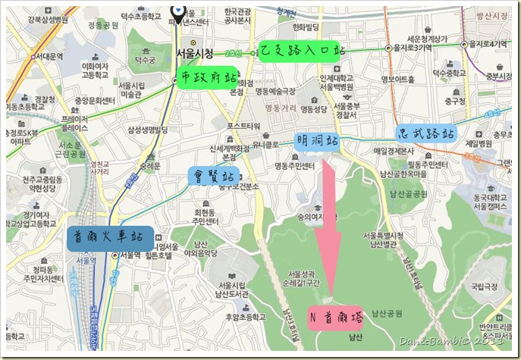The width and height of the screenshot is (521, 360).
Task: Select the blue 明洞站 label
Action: (x=317, y=140)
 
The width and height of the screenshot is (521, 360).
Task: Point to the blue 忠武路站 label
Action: (x=427, y=133)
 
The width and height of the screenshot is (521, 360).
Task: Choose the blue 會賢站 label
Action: (x=212, y=177)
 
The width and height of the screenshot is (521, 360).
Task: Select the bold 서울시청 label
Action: (x=195, y=53)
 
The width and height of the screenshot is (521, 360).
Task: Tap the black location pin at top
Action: (x=177, y=9)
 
